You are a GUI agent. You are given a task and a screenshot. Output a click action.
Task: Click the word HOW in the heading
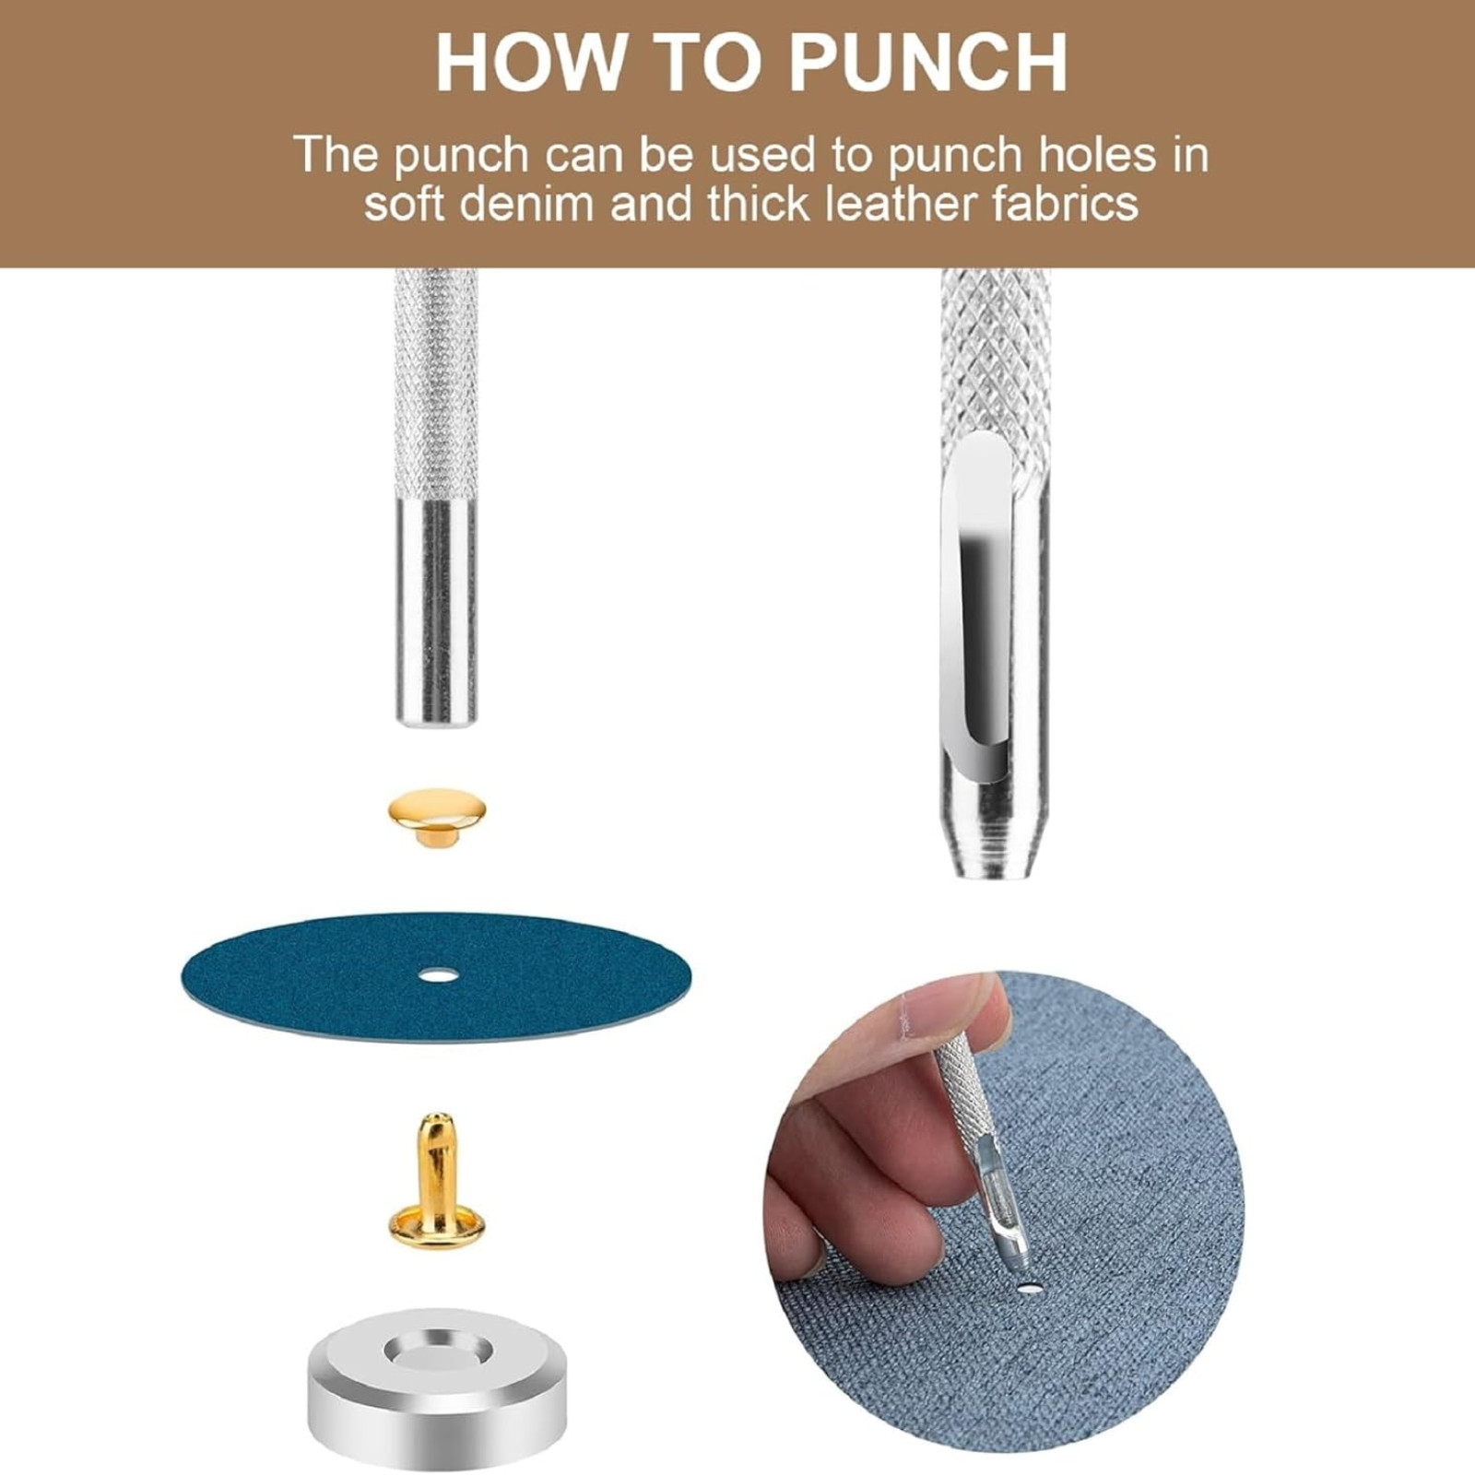[529, 62]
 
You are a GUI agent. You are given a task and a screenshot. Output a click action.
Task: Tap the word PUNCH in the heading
[927, 62]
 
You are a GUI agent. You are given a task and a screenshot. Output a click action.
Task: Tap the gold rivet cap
[437, 817]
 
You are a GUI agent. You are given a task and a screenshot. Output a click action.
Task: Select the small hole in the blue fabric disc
[437, 974]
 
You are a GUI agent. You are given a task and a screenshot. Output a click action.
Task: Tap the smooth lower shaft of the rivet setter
[437, 613]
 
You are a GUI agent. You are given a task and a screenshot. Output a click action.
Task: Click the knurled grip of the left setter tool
[437, 383]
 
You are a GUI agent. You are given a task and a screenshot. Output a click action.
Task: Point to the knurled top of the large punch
[996, 369]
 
